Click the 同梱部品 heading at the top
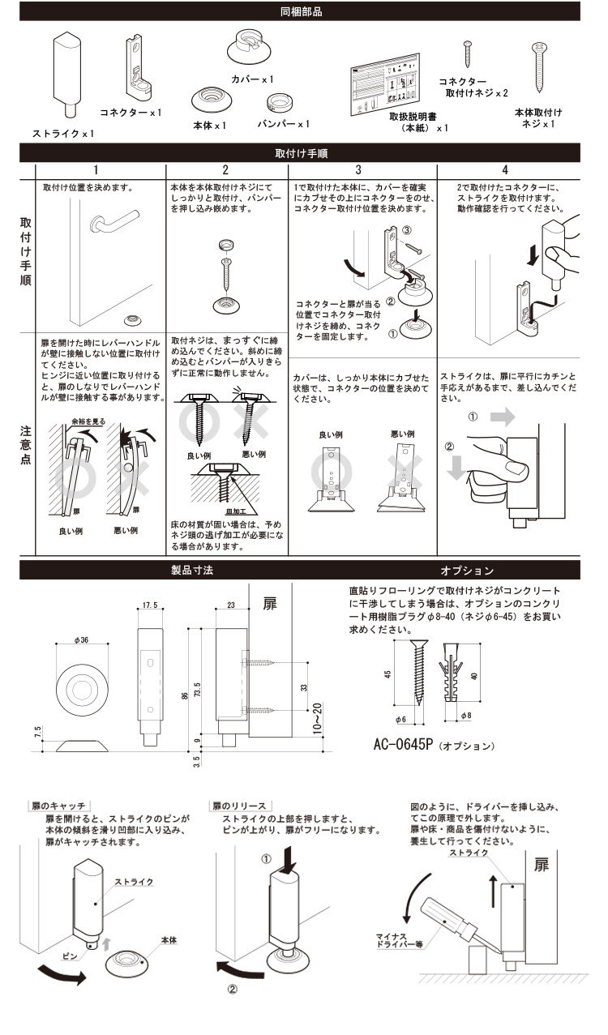pyautogui.click(x=302, y=11)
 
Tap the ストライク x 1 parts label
pyautogui.click(x=63, y=134)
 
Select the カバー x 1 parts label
pyautogui.click(x=252, y=79)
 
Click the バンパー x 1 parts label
pyautogui.click(x=283, y=124)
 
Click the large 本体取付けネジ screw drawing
pyautogui.click(x=539, y=67)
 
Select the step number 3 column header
pyautogui.click(x=358, y=170)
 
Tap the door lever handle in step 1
pyautogui.click(x=114, y=221)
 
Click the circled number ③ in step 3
pyautogui.click(x=407, y=230)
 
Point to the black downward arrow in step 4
pyautogui.click(x=533, y=255)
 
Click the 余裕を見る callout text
pyautogui.click(x=88, y=421)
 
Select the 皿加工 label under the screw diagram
pyautogui.click(x=236, y=511)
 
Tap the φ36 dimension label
pyautogui.click(x=81, y=640)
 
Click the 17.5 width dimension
pyautogui.click(x=150, y=605)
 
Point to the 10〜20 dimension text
pyautogui.click(x=317, y=718)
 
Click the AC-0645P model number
pyautogui.click(x=404, y=744)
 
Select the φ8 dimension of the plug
pyautogui.click(x=466, y=716)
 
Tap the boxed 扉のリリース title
pyautogui.click(x=240, y=806)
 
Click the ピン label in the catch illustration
pyautogui.click(x=70, y=956)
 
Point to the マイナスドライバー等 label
pyautogui.click(x=400, y=941)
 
